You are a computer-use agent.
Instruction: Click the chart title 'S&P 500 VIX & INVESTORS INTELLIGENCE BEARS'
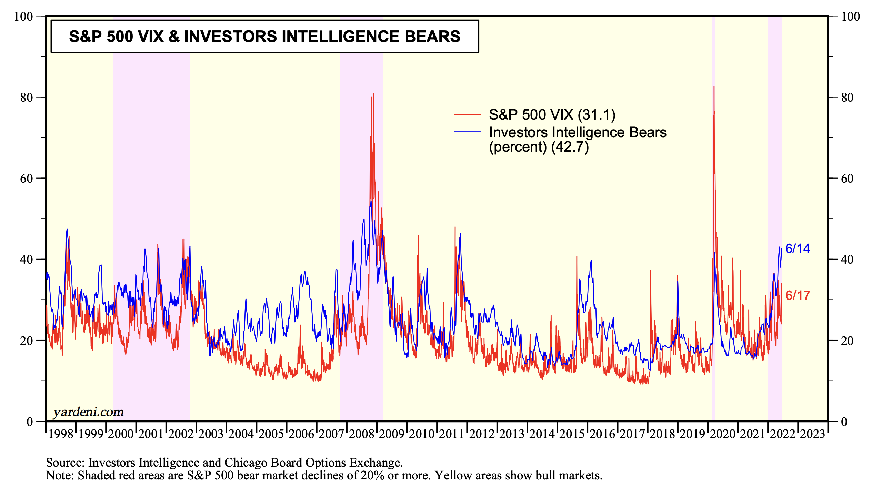(264, 37)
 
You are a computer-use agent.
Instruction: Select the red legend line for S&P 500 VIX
(467, 114)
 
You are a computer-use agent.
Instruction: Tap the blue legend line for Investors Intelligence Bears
(467, 132)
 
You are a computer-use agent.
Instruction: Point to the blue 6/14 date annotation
(798, 248)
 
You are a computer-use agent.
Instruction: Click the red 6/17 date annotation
(798, 295)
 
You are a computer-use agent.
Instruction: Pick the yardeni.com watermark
(88, 412)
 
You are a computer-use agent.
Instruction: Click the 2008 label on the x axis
(362, 434)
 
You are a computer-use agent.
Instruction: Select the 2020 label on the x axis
(723, 434)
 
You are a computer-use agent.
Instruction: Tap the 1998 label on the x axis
(61, 434)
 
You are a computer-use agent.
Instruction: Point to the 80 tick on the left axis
(26, 98)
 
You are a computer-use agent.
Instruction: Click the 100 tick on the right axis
(850, 17)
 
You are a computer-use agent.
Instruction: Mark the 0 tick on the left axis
(30, 422)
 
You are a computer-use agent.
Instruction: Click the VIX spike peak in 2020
(714, 87)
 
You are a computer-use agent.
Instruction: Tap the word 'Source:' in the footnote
(65, 463)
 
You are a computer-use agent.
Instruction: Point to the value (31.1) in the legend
(597, 115)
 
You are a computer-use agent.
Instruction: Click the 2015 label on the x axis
(572, 434)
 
